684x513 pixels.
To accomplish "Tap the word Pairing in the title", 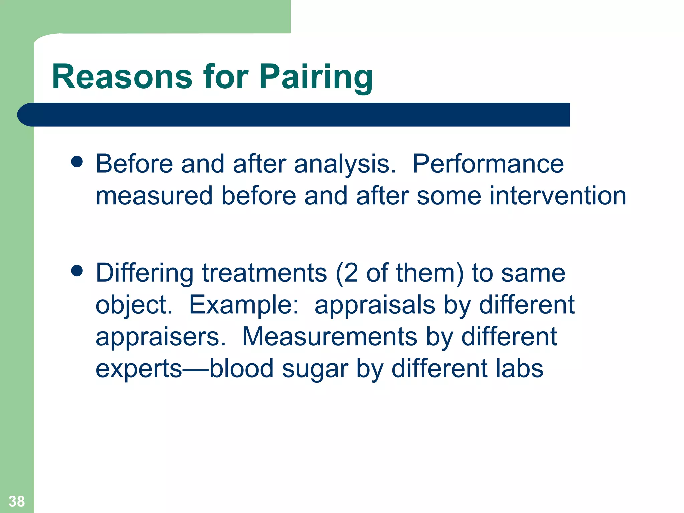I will click(316, 77).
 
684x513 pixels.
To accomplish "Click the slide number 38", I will click(17, 501).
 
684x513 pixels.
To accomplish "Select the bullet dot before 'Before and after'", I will click(77, 162).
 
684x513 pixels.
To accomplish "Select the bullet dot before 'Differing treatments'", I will click(77, 271).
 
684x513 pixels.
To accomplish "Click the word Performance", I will click(488, 164).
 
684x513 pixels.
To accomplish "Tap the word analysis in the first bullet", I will click(344, 164).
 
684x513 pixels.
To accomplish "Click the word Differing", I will click(144, 273).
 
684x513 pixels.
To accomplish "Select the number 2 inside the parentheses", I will click(351, 273).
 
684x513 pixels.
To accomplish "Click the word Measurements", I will click(329, 337).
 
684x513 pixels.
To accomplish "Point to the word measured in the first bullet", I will click(154, 196).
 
